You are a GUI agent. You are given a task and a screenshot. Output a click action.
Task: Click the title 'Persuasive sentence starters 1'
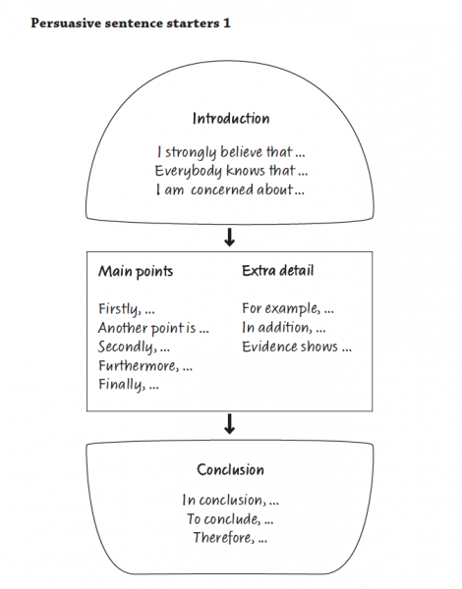click(x=131, y=23)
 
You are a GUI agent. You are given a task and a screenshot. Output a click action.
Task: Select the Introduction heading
click(x=231, y=119)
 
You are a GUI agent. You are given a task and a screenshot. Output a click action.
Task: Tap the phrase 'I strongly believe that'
click(x=225, y=152)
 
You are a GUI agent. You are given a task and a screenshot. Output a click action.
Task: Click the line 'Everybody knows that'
click(x=225, y=171)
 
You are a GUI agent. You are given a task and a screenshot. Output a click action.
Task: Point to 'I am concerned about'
click(x=224, y=189)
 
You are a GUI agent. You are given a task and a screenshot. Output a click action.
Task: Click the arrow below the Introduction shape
click(x=229, y=238)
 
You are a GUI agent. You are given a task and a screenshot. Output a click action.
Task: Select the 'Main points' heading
click(x=136, y=272)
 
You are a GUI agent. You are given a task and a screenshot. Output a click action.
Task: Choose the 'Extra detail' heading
click(x=277, y=271)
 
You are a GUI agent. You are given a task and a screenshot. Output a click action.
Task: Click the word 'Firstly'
click(x=119, y=309)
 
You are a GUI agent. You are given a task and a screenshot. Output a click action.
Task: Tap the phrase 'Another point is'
click(x=147, y=328)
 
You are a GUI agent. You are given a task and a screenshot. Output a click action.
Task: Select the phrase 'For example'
click(x=281, y=309)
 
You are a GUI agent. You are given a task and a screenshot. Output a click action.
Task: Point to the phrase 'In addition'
click(x=277, y=328)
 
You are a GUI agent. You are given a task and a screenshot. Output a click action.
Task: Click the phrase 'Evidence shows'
click(x=290, y=347)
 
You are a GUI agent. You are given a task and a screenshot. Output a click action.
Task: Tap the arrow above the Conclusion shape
click(x=229, y=424)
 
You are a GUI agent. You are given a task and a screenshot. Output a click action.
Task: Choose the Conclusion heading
click(x=231, y=470)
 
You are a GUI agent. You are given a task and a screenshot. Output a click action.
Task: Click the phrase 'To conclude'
click(x=223, y=519)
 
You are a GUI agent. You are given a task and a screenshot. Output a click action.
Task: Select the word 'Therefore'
click(x=223, y=538)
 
